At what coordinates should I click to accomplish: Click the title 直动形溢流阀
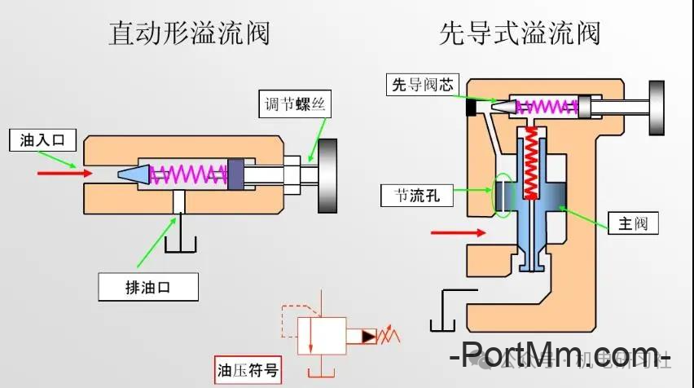188,33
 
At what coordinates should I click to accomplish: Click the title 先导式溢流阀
519,33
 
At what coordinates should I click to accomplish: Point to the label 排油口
148,286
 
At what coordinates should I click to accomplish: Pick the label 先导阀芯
423,84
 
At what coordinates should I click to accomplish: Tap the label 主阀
631,223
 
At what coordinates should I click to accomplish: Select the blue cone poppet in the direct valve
130,173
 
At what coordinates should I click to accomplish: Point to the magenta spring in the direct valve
189,173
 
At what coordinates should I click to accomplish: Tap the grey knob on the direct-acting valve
328,175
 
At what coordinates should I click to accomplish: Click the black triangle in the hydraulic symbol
368,334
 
